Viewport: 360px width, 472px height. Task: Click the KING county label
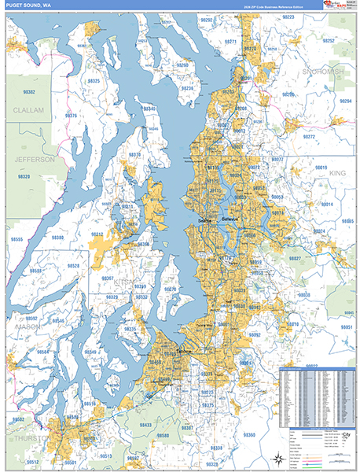tap(337, 172)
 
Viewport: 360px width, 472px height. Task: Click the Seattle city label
tap(208, 219)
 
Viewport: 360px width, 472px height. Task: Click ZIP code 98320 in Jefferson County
tap(24, 177)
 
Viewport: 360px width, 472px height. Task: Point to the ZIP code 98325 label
tap(94, 81)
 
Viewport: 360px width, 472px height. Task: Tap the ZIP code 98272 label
tap(309, 136)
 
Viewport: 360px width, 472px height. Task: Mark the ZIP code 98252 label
tap(328, 40)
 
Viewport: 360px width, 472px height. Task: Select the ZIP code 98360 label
tap(249, 434)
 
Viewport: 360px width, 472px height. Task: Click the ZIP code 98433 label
tap(146, 425)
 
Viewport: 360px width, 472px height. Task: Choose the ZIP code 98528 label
tap(73, 267)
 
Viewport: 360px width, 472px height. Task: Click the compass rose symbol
tap(277, 459)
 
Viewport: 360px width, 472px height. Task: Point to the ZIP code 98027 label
tap(295, 258)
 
